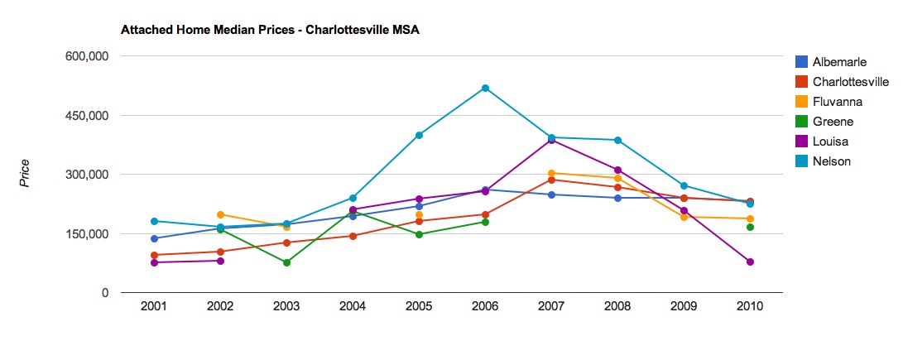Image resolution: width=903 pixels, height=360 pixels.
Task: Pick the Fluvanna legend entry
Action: [837, 102]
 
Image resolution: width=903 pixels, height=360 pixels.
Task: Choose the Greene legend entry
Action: [832, 122]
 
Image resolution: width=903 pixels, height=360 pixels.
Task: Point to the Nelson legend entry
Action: [831, 161]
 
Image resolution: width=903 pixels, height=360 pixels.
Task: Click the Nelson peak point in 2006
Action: [485, 88]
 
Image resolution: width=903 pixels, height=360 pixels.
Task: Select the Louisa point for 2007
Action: [551, 140]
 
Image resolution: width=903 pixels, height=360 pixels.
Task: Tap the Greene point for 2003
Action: [286, 262]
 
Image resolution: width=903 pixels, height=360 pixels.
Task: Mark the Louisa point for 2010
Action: [750, 262]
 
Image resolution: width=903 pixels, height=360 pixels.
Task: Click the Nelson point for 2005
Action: [419, 135]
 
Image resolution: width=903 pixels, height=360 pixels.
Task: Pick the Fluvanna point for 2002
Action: [220, 214]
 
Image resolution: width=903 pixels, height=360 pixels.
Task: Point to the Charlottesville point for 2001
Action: [154, 255]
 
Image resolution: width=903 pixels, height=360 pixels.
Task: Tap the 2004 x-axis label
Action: [353, 305]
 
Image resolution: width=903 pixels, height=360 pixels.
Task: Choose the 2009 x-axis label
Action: [684, 305]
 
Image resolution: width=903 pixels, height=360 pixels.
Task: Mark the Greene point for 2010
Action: [750, 227]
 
